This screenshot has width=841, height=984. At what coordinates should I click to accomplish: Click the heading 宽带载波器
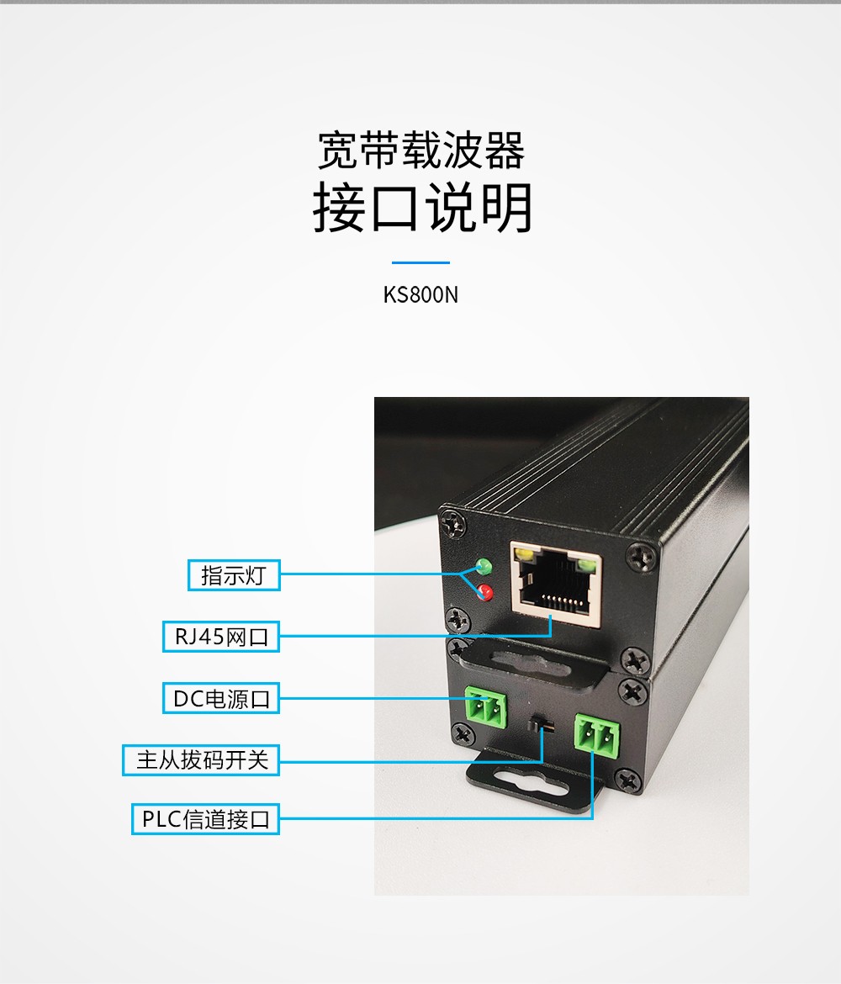coord(420,151)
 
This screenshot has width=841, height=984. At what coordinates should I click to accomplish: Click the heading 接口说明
coord(422,207)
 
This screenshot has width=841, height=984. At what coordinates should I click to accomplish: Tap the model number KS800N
coord(420,294)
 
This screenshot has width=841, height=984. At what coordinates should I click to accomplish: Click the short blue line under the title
coord(420,262)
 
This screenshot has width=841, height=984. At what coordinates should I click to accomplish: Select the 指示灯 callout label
coord(234,574)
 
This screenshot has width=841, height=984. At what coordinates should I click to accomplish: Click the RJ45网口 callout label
coord(221,637)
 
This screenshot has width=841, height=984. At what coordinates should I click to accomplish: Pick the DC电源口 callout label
coord(221,698)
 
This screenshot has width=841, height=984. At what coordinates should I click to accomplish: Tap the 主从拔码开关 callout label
coord(201,760)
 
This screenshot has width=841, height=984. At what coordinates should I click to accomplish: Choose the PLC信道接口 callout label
coord(205,819)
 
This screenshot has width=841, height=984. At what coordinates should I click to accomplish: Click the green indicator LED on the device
coord(484,566)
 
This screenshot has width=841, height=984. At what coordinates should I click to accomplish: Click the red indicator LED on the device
coord(484,591)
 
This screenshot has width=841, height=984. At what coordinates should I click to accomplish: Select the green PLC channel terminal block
coord(597,733)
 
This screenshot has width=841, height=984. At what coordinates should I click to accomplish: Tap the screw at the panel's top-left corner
coord(454,523)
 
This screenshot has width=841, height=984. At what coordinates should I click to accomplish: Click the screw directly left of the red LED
coord(458,619)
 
